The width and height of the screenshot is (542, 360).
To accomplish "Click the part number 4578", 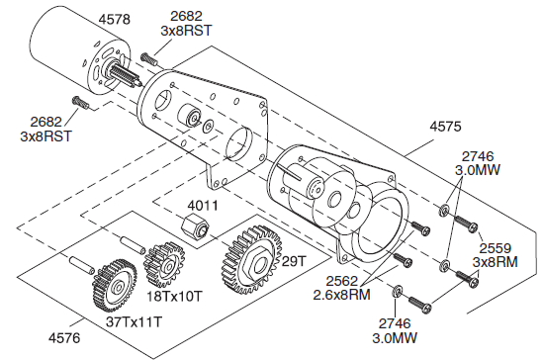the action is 115,20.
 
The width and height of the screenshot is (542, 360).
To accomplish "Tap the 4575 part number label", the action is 445,127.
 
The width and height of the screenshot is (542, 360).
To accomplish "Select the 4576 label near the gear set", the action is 64,337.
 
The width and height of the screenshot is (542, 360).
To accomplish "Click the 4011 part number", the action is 203,206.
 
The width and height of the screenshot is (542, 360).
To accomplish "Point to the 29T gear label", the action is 294,261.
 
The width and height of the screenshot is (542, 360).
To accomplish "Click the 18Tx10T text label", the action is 174,296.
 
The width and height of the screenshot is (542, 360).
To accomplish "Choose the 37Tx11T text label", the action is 134,322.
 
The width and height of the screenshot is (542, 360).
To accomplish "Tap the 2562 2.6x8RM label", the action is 341,288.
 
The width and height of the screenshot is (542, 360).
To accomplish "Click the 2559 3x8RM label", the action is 495,255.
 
